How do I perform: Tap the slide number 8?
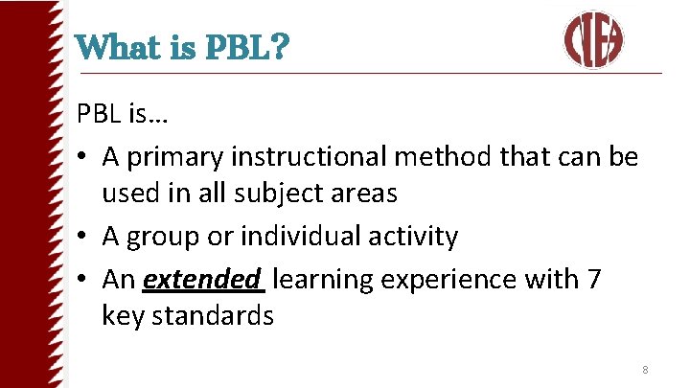pyautogui.click(x=645, y=370)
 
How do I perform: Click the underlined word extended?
pyautogui.click(x=202, y=280)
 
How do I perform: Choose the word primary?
pyautogui.click(x=175, y=157)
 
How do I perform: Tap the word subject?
pyautogui.click(x=278, y=193)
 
